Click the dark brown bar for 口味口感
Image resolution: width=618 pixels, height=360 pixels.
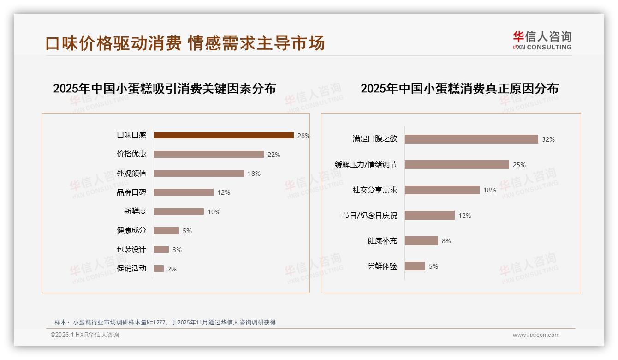pyautogui.click(x=224, y=135)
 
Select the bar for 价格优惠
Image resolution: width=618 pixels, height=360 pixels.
pyautogui.click(x=208, y=155)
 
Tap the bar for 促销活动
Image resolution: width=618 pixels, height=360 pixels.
pyautogui.click(x=159, y=269)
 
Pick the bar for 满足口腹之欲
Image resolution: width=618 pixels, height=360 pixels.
pyautogui.click(x=471, y=139)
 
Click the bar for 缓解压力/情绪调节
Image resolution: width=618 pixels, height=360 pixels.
pyautogui.click(x=457, y=165)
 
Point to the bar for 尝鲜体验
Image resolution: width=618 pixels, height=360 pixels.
pyautogui.click(x=415, y=266)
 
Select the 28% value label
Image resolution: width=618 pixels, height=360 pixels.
pyautogui.click(x=303, y=136)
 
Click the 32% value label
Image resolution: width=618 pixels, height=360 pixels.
pyautogui.click(x=548, y=139)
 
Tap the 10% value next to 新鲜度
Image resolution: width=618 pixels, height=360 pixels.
pyautogui.click(x=214, y=212)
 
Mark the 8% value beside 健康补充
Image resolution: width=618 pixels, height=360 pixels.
pyautogui.click(x=446, y=241)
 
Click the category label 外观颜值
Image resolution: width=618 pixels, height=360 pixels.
pyautogui.click(x=131, y=174)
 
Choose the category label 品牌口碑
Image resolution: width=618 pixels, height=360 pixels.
pyautogui.click(x=131, y=192)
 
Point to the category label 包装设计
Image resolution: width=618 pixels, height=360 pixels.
pyautogui.click(x=131, y=250)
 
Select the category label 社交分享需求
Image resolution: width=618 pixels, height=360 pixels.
pyautogui.click(x=374, y=190)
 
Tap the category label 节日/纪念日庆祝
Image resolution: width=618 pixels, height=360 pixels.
pyautogui.click(x=369, y=216)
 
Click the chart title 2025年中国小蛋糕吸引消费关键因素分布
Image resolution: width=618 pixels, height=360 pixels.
pyautogui.click(x=164, y=88)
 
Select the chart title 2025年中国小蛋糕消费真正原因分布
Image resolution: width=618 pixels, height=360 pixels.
pyautogui.click(x=459, y=88)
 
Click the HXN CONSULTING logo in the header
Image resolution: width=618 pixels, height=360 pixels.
pyautogui.click(x=542, y=40)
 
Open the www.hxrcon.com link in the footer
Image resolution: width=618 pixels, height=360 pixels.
pyautogui.click(x=536, y=335)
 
